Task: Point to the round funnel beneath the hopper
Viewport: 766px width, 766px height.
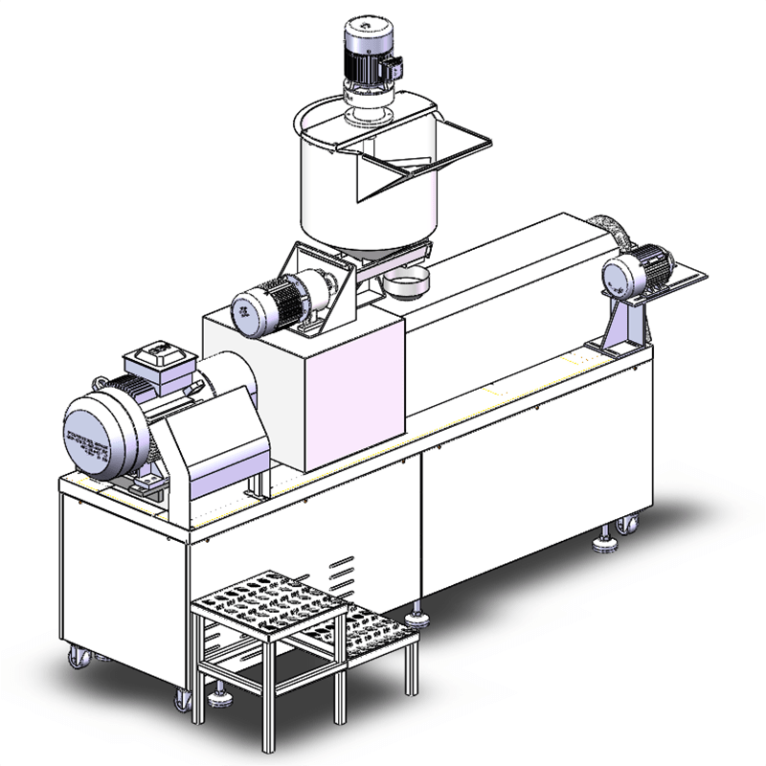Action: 407,283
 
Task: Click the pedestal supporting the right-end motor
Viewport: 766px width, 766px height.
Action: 627,330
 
